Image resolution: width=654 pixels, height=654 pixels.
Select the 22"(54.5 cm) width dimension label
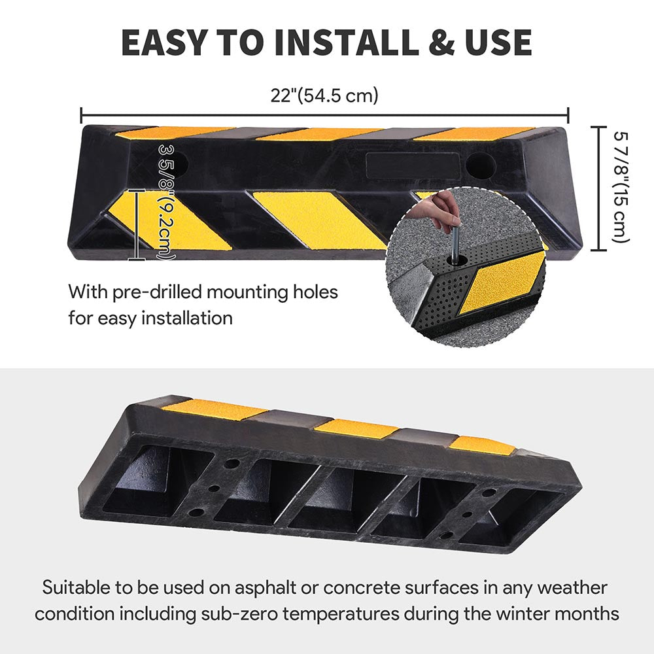pyautogui.click(x=325, y=95)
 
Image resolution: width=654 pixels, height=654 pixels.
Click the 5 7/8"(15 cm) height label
pyautogui.click(x=621, y=188)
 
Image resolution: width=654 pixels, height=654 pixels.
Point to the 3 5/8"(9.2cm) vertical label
pyautogui.click(x=167, y=203)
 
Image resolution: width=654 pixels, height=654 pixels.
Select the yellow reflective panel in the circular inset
pyautogui.click(x=502, y=282)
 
